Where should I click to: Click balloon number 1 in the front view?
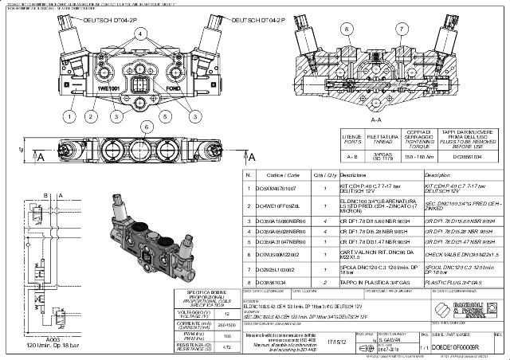click(69, 115)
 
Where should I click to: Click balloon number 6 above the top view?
click(144, 126)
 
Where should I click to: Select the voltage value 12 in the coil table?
click(229, 313)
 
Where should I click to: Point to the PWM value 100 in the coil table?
click(229, 336)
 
